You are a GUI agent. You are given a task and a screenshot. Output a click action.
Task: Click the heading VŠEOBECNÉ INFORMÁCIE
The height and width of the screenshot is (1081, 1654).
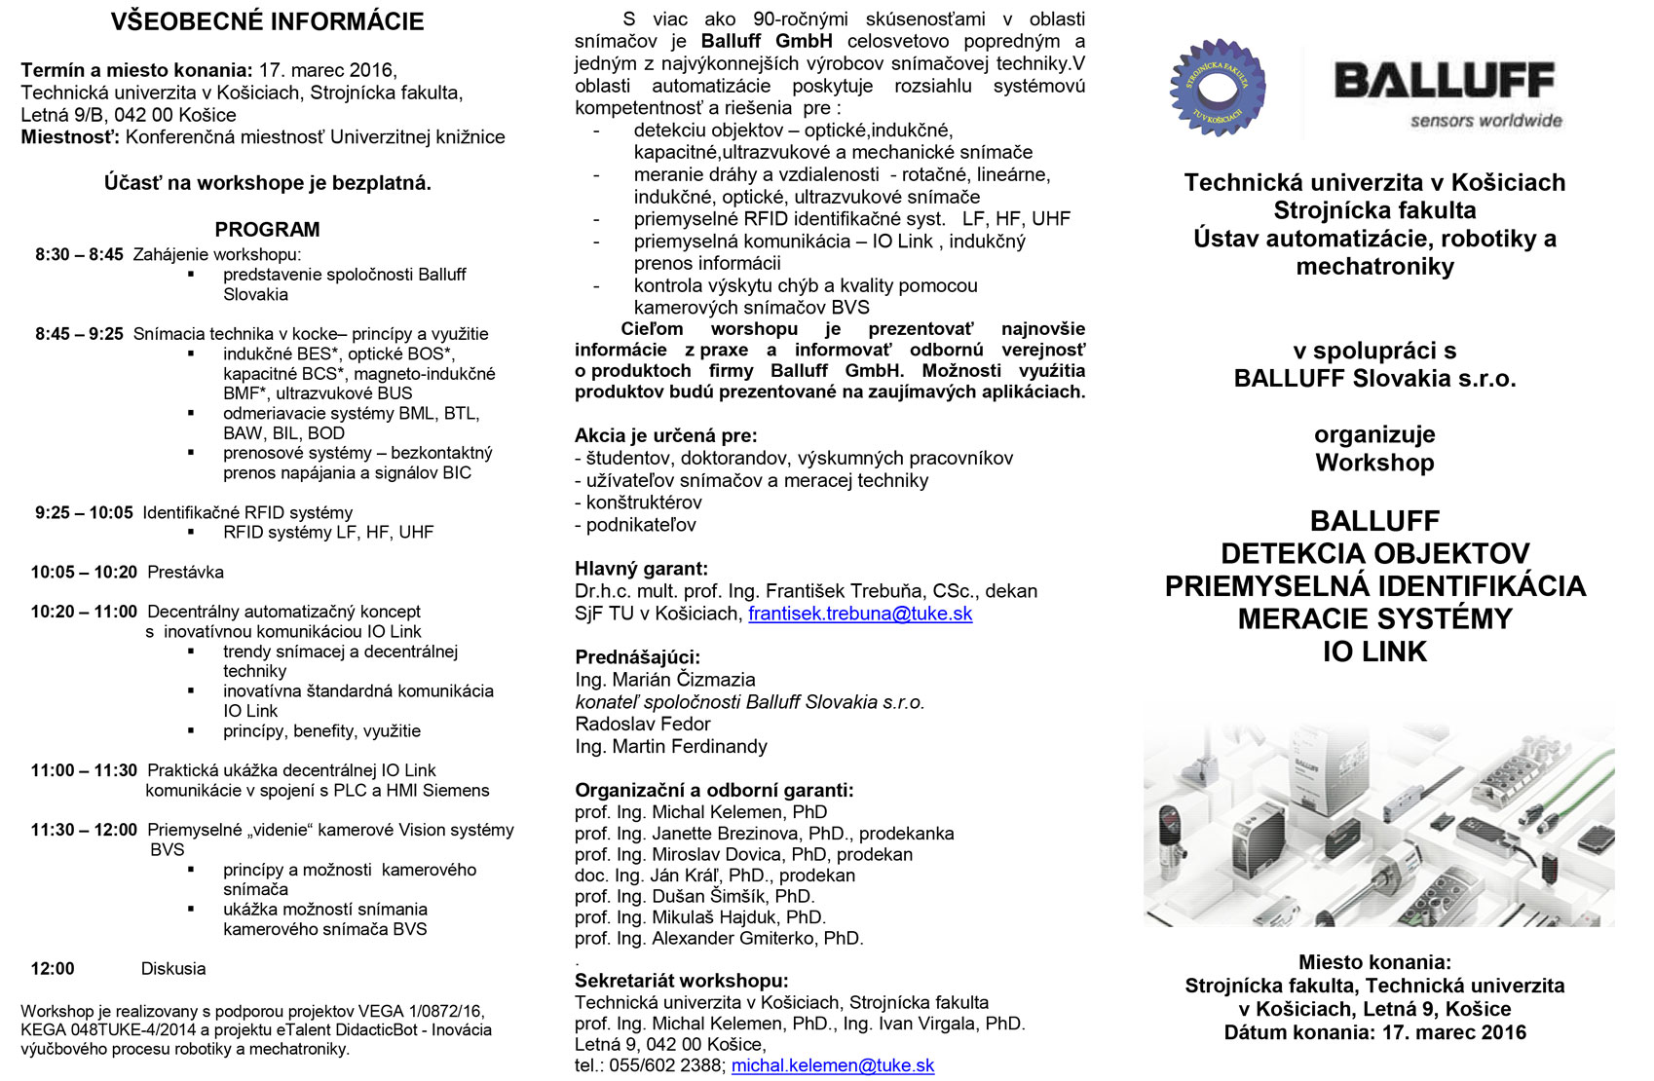pos(267,21)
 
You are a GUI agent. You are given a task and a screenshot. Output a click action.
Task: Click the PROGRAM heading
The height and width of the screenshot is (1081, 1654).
pos(267,230)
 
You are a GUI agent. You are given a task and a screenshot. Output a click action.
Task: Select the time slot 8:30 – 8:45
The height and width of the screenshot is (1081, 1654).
pos(79,255)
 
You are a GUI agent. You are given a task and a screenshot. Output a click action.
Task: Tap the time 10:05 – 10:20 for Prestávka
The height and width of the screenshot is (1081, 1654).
pos(84,573)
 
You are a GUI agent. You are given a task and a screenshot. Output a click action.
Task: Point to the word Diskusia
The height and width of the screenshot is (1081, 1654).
pos(173,969)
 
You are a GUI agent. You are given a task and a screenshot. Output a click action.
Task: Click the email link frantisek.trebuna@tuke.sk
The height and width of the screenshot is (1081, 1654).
pos(860,614)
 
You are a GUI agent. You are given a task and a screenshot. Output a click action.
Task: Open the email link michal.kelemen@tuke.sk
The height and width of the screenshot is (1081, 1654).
pos(833,1065)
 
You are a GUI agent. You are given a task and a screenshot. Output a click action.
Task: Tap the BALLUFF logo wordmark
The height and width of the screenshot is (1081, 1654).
pos(1445,81)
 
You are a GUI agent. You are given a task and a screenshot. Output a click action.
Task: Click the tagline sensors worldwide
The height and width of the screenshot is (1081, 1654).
pos(1485,121)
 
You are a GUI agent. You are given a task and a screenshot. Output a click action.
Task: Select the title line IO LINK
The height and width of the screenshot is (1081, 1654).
pos(1374,652)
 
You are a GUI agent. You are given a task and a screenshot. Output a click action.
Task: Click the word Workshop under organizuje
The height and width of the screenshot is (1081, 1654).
pos(1374,463)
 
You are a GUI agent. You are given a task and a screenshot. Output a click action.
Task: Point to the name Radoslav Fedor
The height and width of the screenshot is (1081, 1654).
pos(643,725)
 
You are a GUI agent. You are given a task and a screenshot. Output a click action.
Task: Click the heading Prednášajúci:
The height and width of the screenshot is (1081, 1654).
pos(637,657)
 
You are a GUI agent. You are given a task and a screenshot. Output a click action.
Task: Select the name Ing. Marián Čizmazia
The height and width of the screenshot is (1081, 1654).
pos(665,680)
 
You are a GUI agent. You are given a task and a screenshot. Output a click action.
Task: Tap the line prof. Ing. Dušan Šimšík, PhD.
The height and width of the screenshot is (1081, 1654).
pos(695,897)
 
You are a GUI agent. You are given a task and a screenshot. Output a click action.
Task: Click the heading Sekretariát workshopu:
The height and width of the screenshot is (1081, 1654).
pos(682,981)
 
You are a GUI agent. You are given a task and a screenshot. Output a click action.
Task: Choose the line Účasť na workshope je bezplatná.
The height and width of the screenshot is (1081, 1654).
pos(267,183)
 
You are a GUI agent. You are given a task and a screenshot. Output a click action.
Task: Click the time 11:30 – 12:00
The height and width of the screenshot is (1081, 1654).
pos(84,831)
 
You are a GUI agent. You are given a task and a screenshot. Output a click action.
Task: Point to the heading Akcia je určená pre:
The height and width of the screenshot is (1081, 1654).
pos(665,435)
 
